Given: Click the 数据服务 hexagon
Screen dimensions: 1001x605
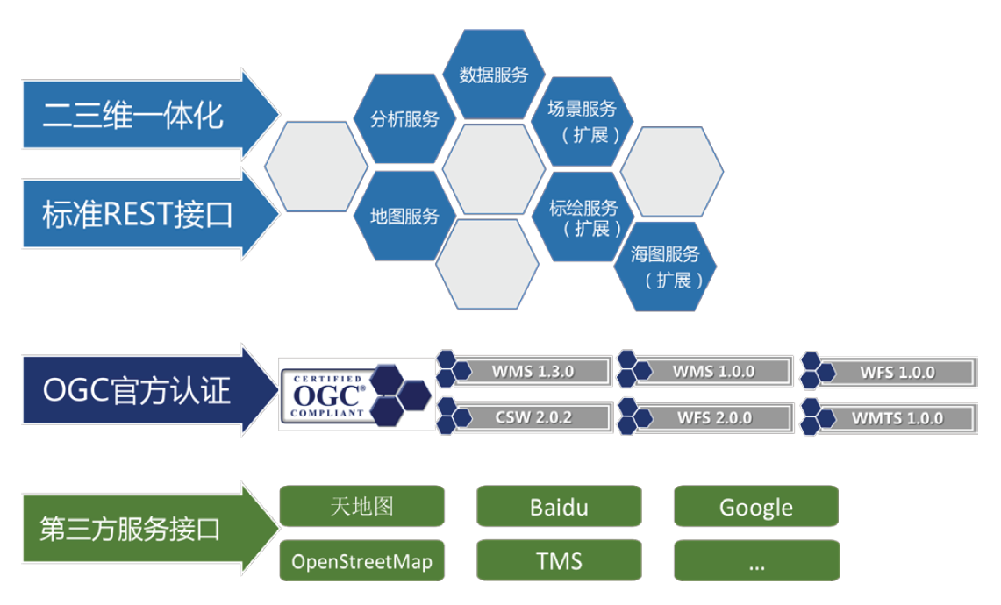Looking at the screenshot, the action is tap(493, 74).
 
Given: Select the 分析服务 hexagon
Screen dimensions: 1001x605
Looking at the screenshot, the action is tap(404, 118).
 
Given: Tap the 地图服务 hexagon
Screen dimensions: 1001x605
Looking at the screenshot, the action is tap(404, 217).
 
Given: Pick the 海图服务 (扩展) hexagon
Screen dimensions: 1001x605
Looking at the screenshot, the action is tap(665, 267).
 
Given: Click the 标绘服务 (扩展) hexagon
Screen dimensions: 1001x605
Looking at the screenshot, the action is tap(583, 217).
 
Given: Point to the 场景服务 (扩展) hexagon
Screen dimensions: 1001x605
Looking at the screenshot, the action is tap(583, 121).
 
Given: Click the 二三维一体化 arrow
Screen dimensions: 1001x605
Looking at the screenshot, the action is tap(151, 115).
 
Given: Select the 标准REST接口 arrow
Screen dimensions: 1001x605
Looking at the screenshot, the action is tap(151, 214).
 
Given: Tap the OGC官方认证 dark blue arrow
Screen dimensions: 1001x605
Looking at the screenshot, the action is tap(151, 390).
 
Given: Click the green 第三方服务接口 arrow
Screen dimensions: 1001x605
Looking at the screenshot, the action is tap(151, 529).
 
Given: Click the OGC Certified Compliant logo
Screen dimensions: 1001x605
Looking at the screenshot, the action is tap(357, 395).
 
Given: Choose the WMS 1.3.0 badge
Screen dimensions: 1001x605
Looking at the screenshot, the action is tap(524, 370).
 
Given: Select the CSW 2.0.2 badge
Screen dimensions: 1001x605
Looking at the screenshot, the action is tap(524, 416).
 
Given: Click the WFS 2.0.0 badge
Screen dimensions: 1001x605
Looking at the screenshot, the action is tap(705, 417).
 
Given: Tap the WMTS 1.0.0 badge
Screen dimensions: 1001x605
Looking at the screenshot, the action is tap(890, 418).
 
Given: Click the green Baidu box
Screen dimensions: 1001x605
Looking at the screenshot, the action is tap(559, 507).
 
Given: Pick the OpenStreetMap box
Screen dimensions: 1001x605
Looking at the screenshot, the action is tap(362, 561).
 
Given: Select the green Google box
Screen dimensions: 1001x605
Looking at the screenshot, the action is tap(756, 507).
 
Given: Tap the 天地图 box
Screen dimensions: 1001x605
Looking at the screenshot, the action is tap(362, 507).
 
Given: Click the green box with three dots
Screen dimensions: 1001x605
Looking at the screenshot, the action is tap(756, 561).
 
